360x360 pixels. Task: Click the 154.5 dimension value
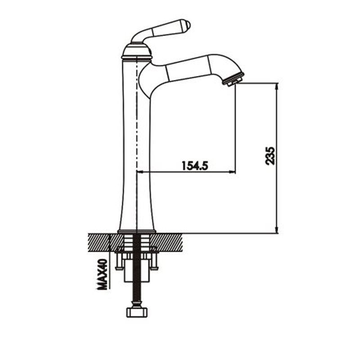click(x=195, y=165)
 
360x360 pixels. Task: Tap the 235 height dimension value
click(x=270, y=156)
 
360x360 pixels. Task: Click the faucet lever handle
click(x=161, y=31)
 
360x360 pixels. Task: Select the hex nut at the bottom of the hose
click(x=137, y=312)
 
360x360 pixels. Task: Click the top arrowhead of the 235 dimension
click(x=277, y=86)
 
